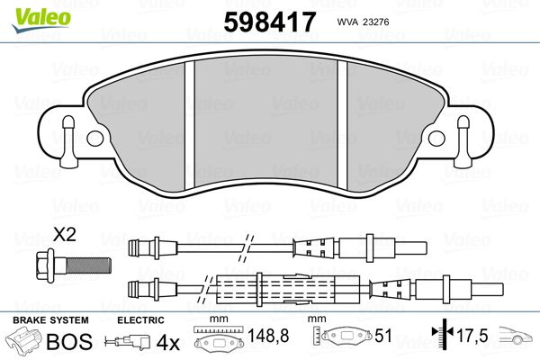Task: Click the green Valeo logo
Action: [41, 20]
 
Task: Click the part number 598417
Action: [269, 22]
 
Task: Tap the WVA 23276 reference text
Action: [363, 22]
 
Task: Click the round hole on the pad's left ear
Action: [95, 139]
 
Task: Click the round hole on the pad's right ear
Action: [436, 138]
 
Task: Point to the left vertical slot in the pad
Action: [190, 125]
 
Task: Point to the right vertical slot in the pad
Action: [342, 125]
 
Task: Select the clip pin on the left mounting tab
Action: [68, 141]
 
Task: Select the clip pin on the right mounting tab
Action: [463, 141]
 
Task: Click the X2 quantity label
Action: [65, 235]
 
